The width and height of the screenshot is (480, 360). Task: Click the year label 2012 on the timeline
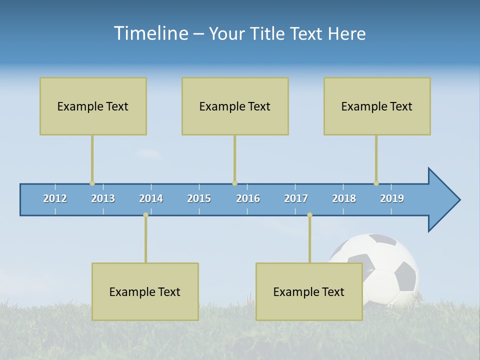[55, 198]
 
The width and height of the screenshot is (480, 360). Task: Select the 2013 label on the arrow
[103, 198]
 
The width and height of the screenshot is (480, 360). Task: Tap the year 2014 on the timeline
[151, 198]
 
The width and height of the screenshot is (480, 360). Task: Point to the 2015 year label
[199, 198]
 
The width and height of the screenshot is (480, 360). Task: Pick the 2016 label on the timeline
[248, 198]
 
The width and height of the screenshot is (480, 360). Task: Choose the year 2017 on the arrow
[296, 198]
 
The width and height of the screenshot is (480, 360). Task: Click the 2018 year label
[344, 198]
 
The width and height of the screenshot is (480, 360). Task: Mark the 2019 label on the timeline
[392, 198]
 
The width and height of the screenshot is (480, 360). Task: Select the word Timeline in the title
[150, 33]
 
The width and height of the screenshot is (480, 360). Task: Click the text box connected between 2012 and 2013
[93, 106]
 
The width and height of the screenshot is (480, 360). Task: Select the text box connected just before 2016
[235, 106]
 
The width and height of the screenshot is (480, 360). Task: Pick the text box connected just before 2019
[377, 106]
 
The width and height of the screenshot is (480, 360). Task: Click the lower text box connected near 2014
[145, 291]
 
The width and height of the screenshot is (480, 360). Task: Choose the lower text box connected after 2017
[309, 291]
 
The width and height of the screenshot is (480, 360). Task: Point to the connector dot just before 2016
[234, 183]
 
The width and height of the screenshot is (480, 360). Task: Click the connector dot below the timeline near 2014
[145, 215]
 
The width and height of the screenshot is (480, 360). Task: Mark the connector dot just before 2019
[376, 183]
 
